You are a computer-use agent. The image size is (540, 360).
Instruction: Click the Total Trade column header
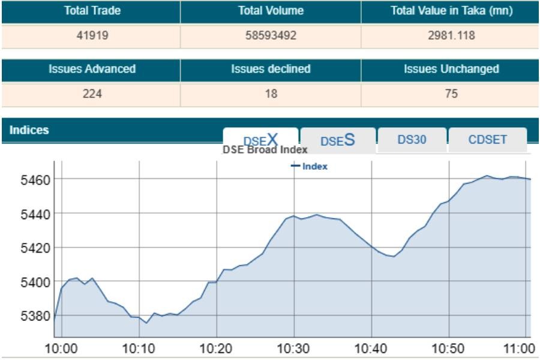(x=92, y=11)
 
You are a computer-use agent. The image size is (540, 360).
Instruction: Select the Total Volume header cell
(x=271, y=11)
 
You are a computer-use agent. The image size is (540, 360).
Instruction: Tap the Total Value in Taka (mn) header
(x=451, y=11)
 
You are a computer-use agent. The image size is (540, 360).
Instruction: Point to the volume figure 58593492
(x=271, y=35)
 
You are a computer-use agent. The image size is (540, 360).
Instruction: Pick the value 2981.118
(x=451, y=35)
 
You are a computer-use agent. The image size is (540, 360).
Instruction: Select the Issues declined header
(x=271, y=69)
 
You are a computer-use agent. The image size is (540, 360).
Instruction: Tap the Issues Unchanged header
(x=451, y=69)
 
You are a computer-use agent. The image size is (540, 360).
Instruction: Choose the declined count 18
(x=271, y=94)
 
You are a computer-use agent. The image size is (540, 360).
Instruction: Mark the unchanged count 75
(x=451, y=94)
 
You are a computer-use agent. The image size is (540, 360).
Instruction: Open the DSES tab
(x=338, y=140)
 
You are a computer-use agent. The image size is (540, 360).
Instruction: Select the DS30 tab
(x=412, y=140)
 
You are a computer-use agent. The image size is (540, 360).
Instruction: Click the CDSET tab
(x=487, y=140)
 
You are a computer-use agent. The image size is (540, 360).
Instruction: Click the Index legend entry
(x=310, y=166)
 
